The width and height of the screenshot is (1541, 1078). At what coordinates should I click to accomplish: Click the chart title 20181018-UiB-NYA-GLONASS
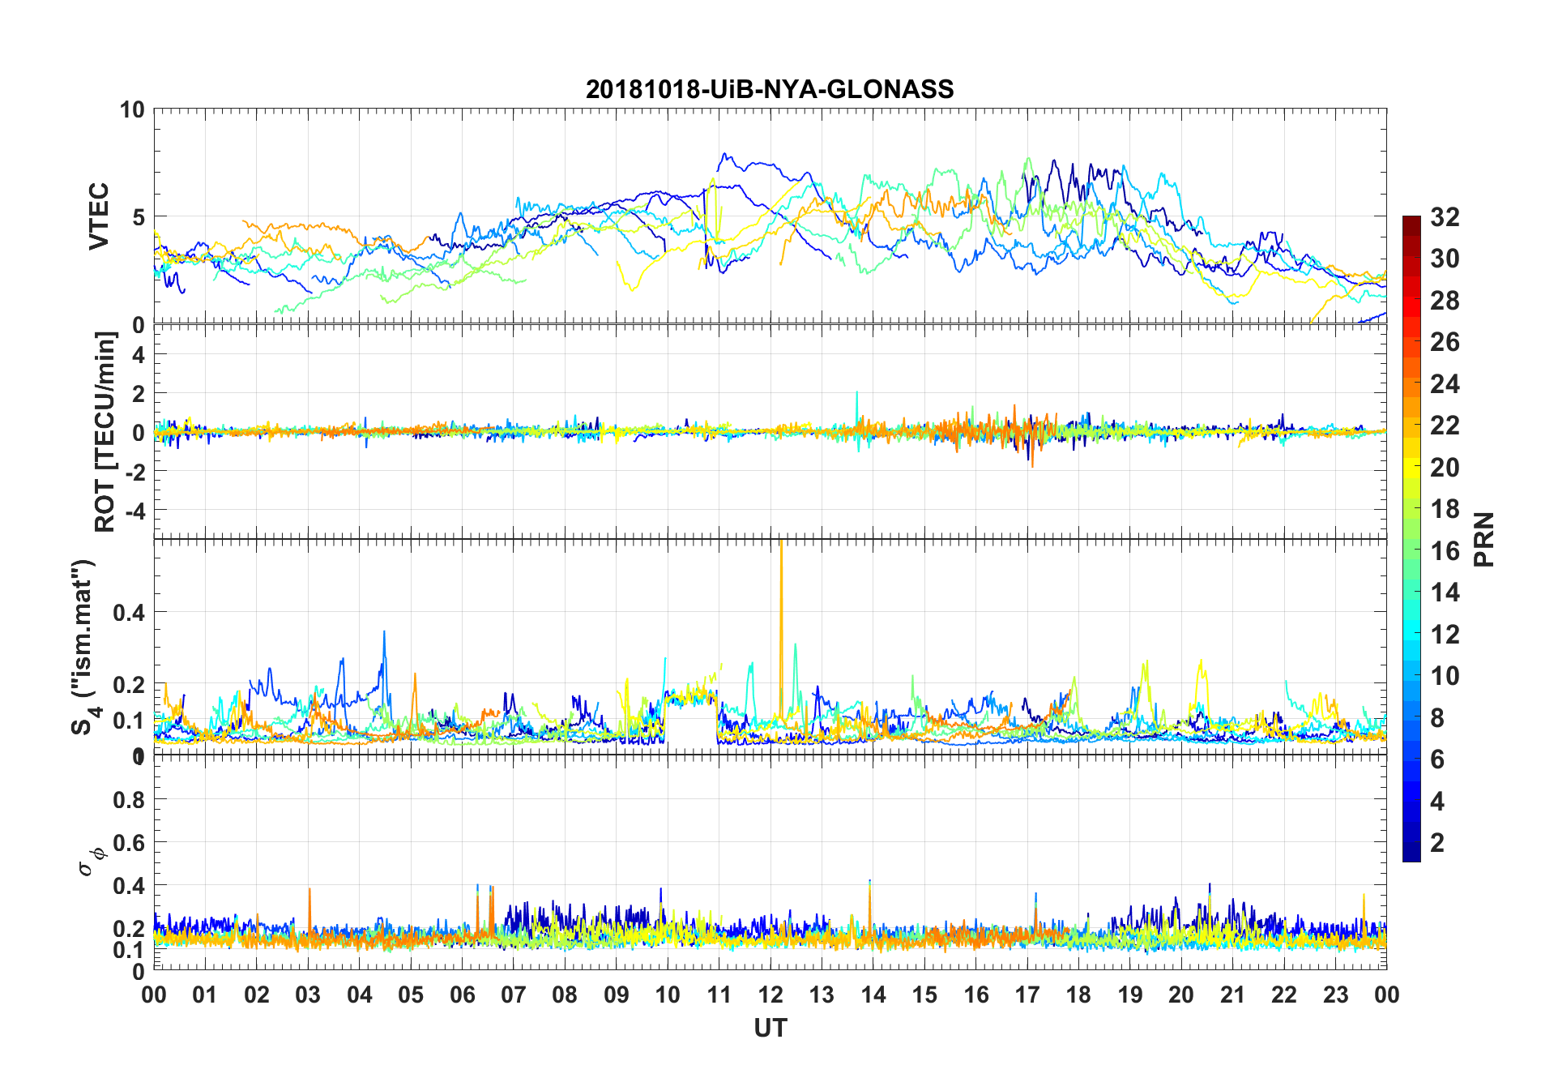point(770,89)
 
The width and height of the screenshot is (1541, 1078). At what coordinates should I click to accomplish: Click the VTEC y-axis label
point(99,216)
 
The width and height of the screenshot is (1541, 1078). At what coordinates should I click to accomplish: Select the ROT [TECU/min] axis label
point(105,431)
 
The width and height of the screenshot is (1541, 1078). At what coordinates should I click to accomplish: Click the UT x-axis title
point(770,1029)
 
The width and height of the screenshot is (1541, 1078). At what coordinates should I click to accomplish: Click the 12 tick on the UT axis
point(770,995)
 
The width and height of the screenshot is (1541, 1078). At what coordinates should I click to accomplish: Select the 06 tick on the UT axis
point(462,995)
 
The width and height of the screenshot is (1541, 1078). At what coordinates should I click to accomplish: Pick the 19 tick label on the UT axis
point(1130,995)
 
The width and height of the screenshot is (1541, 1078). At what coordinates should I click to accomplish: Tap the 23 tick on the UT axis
point(1335,995)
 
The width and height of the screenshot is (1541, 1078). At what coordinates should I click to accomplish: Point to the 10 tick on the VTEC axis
point(132,109)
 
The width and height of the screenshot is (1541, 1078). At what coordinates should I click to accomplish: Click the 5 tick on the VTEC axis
point(138,217)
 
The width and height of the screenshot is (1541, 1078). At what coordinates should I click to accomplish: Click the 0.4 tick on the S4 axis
point(129,613)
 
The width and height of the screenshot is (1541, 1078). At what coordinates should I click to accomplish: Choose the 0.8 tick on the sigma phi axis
point(129,800)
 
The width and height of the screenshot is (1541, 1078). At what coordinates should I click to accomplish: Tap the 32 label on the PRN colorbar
point(1445,217)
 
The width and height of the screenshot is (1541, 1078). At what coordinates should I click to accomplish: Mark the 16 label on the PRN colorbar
point(1445,551)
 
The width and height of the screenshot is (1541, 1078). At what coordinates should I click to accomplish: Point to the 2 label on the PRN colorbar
point(1437,843)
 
